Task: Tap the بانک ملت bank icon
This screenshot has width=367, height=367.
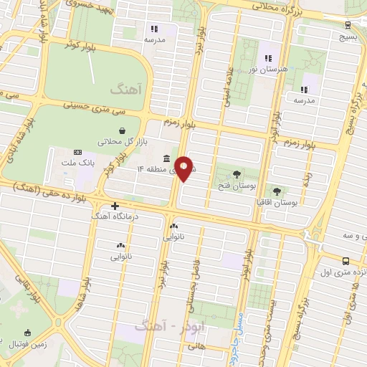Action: (78, 153)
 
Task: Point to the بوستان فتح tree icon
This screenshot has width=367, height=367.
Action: (237, 174)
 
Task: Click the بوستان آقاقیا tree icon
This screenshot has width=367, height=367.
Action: (277, 191)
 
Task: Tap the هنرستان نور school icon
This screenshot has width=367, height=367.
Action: (269, 58)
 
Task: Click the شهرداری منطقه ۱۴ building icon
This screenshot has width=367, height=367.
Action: (166, 158)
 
